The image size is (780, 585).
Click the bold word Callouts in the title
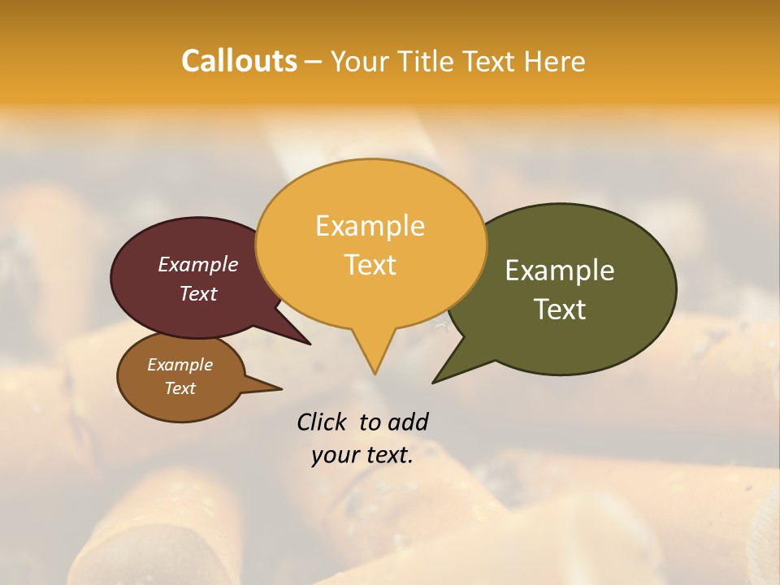click(239, 61)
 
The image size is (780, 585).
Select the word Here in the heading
click(556, 61)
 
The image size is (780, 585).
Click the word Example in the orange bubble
click(370, 226)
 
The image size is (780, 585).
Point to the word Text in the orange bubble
click(370, 265)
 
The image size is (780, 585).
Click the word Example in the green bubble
click(560, 270)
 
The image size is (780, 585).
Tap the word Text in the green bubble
click(561, 309)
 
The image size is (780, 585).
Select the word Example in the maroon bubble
click(197, 264)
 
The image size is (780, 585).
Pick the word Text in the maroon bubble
click(198, 293)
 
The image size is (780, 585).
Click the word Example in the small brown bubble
click(180, 365)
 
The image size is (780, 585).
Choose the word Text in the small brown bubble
click(180, 388)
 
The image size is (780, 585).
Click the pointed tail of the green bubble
click(437, 379)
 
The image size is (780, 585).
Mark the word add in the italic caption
click(408, 422)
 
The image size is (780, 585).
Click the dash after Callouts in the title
click(314, 62)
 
